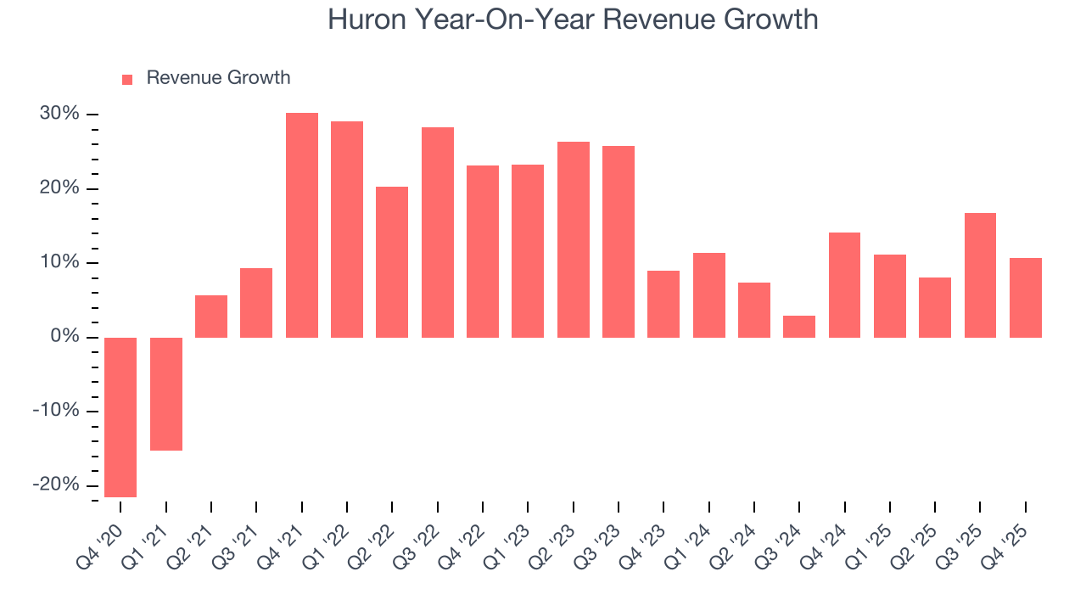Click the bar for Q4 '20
click(x=120, y=417)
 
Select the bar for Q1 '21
click(x=166, y=394)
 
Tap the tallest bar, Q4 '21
click(x=302, y=225)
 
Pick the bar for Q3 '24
click(x=799, y=327)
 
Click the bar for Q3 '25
click(x=980, y=275)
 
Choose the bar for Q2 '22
click(x=392, y=261)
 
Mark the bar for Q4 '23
click(x=663, y=304)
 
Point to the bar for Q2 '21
click(x=211, y=317)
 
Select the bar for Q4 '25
click(x=1025, y=298)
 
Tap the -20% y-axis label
click(x=56, y=485)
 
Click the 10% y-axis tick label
click(x=59, y=262)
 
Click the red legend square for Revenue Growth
click(x=127, y=79)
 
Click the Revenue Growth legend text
click(x=218, y=78)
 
